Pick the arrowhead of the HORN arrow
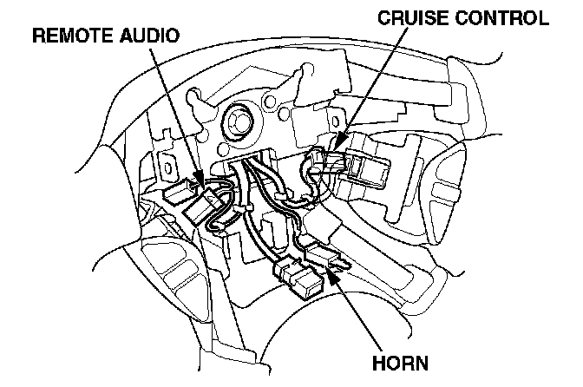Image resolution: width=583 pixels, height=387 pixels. click(331, 271)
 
